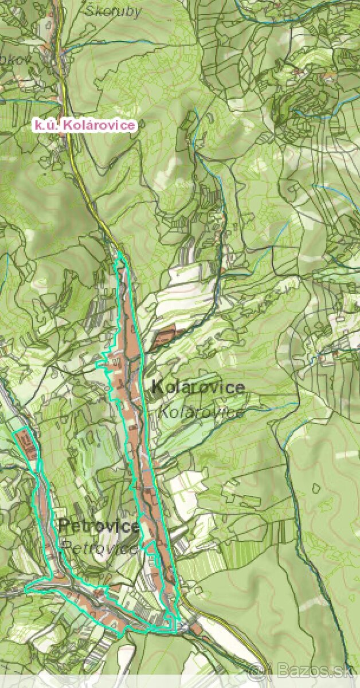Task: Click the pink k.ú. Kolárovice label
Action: [84, 124]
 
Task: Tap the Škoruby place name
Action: [112, 12]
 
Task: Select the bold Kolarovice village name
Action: [198, 387]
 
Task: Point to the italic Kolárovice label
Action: [201, 412]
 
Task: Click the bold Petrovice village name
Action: [99, 526]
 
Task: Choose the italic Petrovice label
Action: [100, 546]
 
